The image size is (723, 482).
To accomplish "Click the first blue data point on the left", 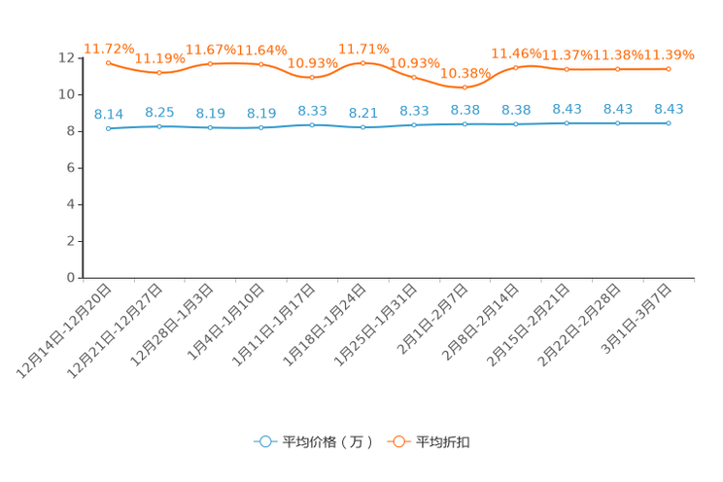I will (x=108, y=129).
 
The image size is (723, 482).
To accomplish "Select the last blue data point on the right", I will (x=669, y=123).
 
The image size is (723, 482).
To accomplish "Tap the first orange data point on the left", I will (x=108, y=63).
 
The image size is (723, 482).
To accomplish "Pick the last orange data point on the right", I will (x=669, y=69).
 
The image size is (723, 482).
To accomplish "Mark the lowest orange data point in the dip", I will (x=465, y=87).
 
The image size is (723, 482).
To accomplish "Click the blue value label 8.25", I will (x=158, y=112).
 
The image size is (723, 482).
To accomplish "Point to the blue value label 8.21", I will (x=362, y=113).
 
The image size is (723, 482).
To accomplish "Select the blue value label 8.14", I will (x=108, y=114).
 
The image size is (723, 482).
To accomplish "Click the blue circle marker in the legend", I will (x=264, y=441).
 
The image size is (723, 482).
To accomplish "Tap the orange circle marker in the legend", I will (x=397, y=441).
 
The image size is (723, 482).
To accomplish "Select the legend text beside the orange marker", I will (x=444, y=442).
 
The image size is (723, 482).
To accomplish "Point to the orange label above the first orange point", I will (x=108, y=47).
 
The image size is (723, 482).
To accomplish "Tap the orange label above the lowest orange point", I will (x=465, y=72).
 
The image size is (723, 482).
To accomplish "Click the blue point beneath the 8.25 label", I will (x=158, y=127).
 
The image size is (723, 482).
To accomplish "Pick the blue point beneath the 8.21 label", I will (x=362, y=128).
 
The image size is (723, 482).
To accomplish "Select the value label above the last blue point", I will (x=669, y=107).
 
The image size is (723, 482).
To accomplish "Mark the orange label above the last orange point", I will (x=672, y=53).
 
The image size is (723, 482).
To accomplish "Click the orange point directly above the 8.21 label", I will (x=362, y=63).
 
